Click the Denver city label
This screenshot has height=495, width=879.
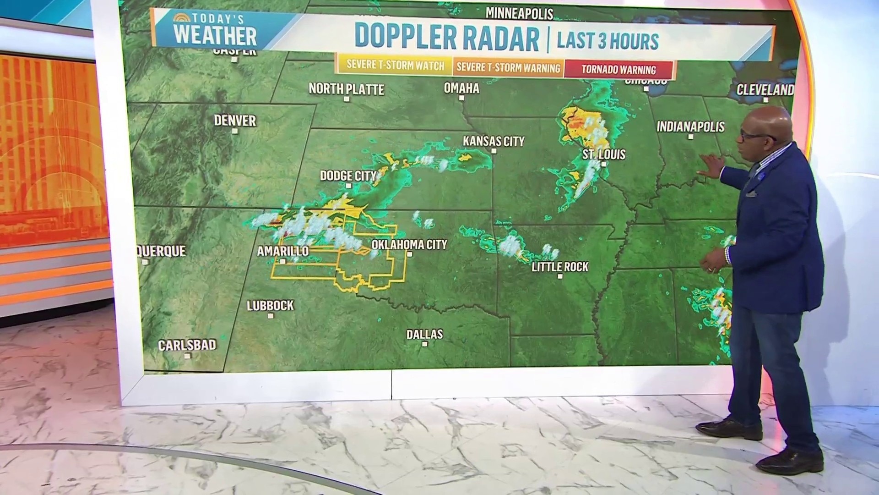pos(235,121)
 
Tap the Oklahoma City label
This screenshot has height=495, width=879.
pos(409,244)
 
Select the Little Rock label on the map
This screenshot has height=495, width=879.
pos(559,266)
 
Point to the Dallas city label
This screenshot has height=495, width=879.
pos(424,334)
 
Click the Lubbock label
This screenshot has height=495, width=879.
pos(270,305)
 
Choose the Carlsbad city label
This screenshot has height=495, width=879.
pos(187,345)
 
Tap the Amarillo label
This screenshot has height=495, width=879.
pos(282,251)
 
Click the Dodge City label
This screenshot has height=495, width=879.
pos(348,176)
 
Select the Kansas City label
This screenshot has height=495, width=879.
pos(493,141)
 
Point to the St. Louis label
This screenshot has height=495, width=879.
pos(603,154)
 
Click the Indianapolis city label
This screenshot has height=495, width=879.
pos(690,126)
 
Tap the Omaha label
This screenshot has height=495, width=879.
pos(461,88)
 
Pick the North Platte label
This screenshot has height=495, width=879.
pos(346,89)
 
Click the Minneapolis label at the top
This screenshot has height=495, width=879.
pos(519,14)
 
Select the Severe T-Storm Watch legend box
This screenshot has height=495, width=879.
pos(395,66)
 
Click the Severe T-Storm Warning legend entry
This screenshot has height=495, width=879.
pos(508,68)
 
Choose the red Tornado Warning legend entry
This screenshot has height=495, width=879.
pos(619,70)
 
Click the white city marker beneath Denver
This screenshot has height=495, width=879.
pos(235,131)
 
